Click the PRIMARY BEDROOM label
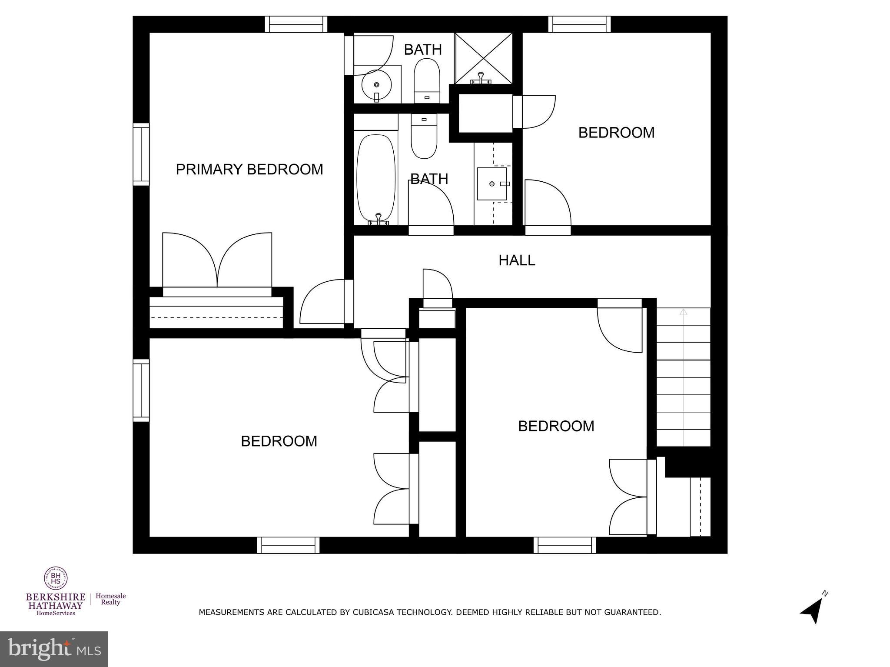[x=249, y=169]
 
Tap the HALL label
[x=516, y=260]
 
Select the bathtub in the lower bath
[x=376, y=178]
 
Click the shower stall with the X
[x=484, y=58]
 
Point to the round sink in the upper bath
[x=376, y=85]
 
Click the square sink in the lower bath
[x=492, y=184]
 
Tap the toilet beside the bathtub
[x=424, y=136]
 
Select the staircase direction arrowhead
[x=683, y=312]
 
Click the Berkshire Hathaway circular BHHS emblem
[x=56, y=578]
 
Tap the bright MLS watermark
[x=54, y=649]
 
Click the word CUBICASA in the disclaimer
[x=374, y=612]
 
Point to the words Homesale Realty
[x=110, y=599]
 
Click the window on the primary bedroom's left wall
[x=141, y=154]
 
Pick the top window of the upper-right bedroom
[x=579, y=24]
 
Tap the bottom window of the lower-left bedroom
[x=288, y=545]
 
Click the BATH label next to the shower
[x=422, y=50]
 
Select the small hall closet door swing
[x=437, y=283]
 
